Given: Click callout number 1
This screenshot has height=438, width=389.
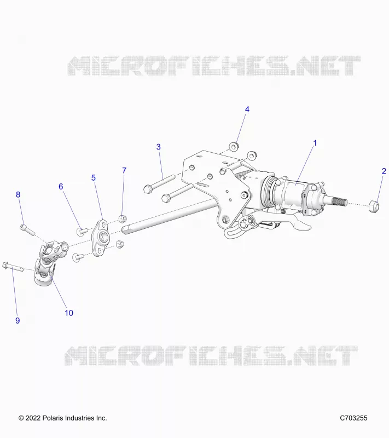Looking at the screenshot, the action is click(315, 143).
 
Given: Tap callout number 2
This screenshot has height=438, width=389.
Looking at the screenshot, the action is click(384, 171).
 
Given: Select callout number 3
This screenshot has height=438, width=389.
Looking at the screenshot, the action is click(159, 147).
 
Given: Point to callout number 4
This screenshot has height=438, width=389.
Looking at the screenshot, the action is click(247, 109).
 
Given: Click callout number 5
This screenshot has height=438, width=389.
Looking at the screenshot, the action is click(94, 177).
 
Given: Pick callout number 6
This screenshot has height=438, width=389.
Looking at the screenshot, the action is click(61, 187).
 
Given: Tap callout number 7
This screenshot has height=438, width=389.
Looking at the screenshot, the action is click(124, 170).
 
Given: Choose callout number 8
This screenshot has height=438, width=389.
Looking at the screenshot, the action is click(18, 195).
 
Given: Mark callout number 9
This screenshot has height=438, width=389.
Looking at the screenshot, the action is click(18, 321).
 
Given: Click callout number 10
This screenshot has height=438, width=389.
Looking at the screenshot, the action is click(69, 313).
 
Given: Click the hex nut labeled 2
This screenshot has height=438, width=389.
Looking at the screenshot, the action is click(374, 206).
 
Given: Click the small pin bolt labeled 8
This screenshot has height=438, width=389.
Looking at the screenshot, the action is click(27, 229).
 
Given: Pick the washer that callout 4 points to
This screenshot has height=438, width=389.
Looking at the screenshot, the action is click(233, 147).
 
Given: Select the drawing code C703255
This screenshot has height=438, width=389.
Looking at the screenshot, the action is click(353, 418).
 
